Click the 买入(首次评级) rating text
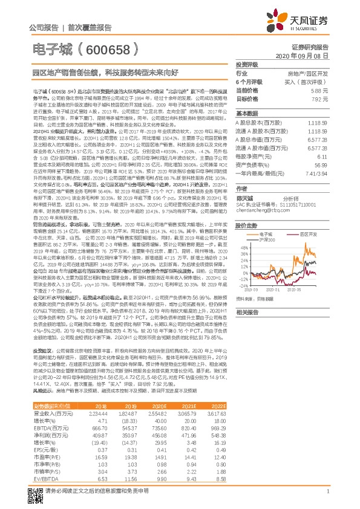coord(309,82)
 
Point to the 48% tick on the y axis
coord(246,247)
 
